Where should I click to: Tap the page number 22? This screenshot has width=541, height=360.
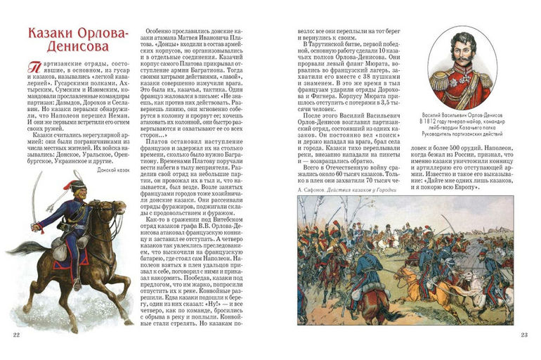tap(16, 333)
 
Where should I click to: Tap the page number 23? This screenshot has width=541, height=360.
tap(523, 333)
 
